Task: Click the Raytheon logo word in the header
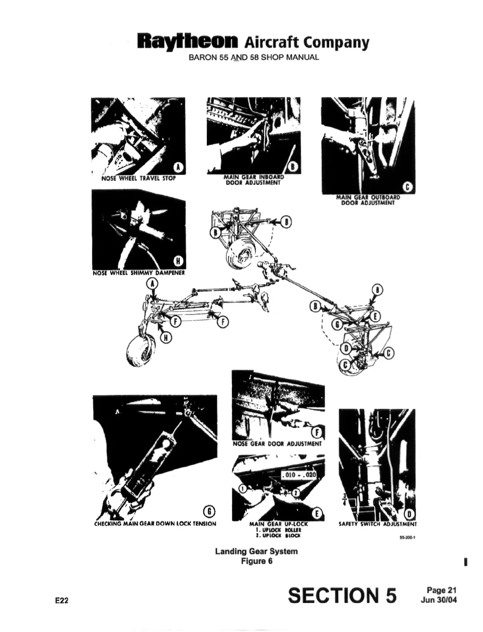[x=187, y=41]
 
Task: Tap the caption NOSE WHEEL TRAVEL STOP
[x=138, y=178]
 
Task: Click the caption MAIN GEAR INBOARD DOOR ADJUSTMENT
[x=253, y=180]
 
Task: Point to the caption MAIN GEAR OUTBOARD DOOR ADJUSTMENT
[x=368, y=200]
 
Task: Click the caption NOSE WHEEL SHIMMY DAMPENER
[x=138, y=273]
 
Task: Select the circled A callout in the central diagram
[x=152, y=284]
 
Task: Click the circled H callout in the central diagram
[x=166, y=338]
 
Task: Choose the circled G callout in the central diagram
[x=338, y=325]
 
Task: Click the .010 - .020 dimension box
[x=298, y=475]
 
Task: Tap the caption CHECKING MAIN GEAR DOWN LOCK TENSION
[x=155, y=523]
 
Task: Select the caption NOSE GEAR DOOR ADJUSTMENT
[x=277, y=443]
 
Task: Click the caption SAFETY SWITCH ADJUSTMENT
[x=377, y=524]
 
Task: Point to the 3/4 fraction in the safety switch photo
[x=344, y=499]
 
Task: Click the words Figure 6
[x=256, y=561]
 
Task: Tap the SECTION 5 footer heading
[x=342, y=595]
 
